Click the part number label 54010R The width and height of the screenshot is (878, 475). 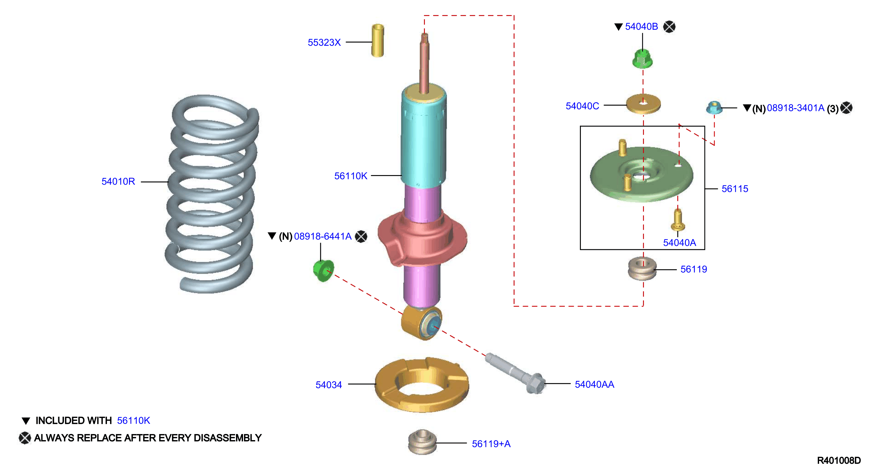coord(118,181)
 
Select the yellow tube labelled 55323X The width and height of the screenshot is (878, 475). coord(378,40)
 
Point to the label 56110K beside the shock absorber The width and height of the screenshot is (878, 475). coord(351,176)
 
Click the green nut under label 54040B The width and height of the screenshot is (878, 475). coord(642,59)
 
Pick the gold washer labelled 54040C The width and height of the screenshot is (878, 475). coord(643,104)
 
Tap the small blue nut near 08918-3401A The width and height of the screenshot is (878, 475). coord(714,107)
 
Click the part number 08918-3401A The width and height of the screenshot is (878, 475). coord(795,108)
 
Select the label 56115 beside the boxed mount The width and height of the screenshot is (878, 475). coord(735,189)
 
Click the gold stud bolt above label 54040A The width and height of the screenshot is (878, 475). coord(678,220)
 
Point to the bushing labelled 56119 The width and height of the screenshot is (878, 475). coord(642,269)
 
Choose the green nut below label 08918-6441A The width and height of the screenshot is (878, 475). coord(323,270)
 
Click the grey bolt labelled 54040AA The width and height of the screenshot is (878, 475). coord(515,373)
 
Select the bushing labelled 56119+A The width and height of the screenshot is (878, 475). coord(422,442)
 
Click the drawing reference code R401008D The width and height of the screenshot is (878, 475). coord(839,461)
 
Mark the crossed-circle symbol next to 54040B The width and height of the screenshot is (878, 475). coord(669,27)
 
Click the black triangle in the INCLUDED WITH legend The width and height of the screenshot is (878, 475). coord(26,421)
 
